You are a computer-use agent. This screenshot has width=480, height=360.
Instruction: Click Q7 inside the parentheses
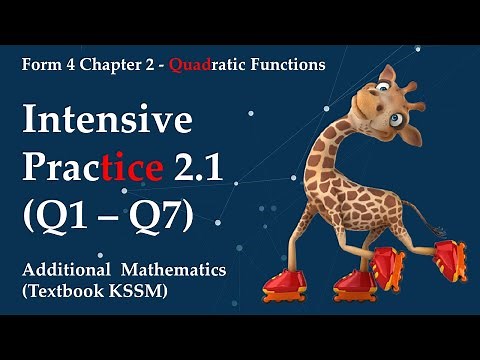(x=164, y=212)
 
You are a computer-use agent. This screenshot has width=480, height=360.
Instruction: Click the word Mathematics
(x=174, y=270)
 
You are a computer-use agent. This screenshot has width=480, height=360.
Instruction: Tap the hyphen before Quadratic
(x=163, y=65)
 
